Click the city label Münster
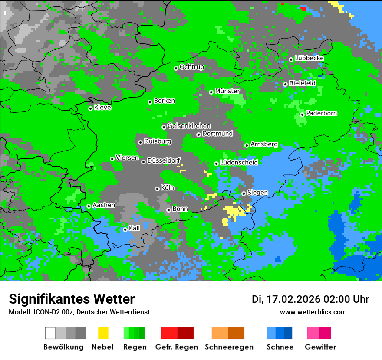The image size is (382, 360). tap(227, 91)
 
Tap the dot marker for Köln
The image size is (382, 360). tap(157, 189)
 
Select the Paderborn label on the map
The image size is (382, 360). tap(322, 113)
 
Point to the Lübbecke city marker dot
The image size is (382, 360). tap(291, 59)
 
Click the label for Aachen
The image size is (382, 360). tap(104, 205)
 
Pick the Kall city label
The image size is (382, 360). tap(135, 228)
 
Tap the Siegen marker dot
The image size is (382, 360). tap(244, 193)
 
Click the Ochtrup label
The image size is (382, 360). tap(192, 67)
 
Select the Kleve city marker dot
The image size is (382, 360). tap(90, 108)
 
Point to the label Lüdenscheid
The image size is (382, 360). tap(239, 163)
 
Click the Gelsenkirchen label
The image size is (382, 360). tap(189, 126)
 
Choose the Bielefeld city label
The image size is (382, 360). tap(303, 83)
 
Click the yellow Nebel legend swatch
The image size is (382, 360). tap(103, 333)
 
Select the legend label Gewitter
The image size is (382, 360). tap(320, 347)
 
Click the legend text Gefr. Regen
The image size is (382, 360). tap(177, 347)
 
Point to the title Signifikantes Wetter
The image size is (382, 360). tap(72, 299)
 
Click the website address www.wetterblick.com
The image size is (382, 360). tap(313, 312)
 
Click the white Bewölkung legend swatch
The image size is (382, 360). tap(50, 333)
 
